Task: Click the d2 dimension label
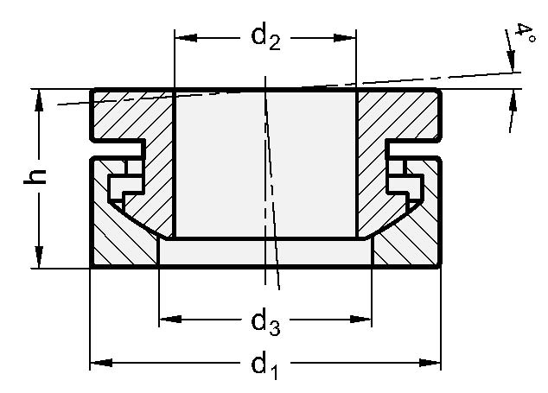coord(265,38)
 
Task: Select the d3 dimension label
coord(265,322)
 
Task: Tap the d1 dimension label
coord(265,365)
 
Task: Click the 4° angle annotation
coord(524,35)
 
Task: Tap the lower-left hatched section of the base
coord(121,242)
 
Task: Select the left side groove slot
coord(108,149)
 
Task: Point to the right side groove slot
coord(422,149)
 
